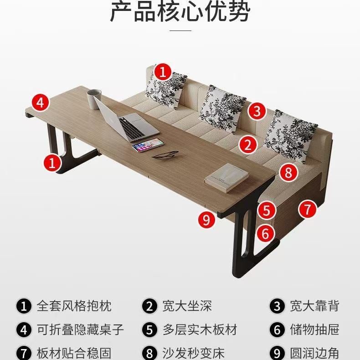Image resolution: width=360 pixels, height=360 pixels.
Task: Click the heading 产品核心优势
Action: [x=180, y=11]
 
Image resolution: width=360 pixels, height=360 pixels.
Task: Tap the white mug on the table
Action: [x=94, y=99]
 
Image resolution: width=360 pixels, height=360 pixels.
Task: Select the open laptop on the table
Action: [x=126, y=120]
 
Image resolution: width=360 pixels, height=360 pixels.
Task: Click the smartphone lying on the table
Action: [x=148, y=145]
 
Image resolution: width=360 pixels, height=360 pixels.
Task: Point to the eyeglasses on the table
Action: [x=165, y=154]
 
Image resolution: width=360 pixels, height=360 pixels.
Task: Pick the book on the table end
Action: [x=226, y=178]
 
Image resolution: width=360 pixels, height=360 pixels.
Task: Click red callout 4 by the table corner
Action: [x=41, y=102]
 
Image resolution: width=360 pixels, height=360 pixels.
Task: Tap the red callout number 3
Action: [x=257, y=111]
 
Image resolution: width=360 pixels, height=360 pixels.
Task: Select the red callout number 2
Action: [x=248, y=144]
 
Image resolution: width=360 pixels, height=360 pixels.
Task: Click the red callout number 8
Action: [x=288, y=173]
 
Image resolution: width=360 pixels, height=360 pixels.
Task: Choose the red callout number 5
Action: [x=267, y=210]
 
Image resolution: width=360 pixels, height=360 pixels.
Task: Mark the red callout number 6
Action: [x=265, y=233]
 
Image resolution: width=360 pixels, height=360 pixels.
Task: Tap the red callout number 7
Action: [x=308, y=209]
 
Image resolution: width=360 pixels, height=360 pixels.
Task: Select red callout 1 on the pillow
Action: [x=163, y=72]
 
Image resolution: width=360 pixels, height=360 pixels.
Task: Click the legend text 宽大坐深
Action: [x=187, y=306]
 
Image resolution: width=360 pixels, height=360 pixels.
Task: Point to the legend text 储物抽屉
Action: [x=314, y=329]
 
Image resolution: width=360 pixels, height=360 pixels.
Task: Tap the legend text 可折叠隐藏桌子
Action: [x=80, y=329]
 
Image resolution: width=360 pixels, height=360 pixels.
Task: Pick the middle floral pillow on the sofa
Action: [x=222, y=108]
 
